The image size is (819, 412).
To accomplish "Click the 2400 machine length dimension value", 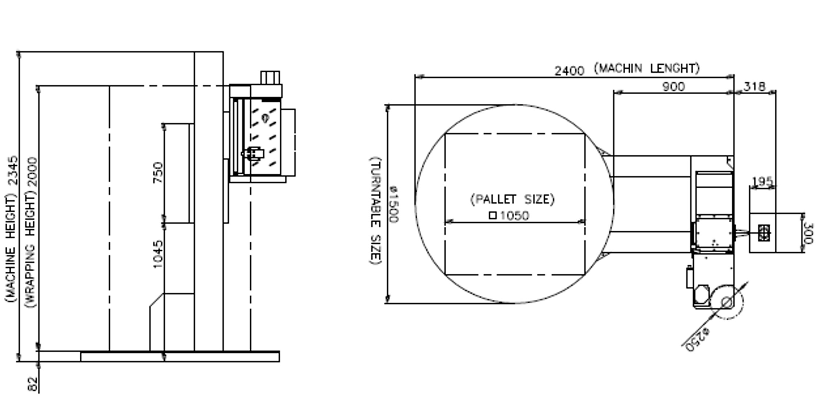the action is pos(569,71).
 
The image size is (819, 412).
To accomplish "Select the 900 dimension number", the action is pos(674,87).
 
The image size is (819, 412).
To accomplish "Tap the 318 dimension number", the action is pos(754,87).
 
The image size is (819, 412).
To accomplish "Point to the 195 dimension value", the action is pos(762,181).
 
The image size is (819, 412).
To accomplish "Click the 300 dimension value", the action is pos(808,233).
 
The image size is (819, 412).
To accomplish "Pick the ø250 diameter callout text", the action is pos(697,340).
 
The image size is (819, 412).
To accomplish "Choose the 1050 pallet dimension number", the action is pos(514,216).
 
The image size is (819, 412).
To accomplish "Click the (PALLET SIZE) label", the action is pos(512,200).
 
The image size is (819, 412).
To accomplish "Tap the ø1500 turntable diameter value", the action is pos(393,204).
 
